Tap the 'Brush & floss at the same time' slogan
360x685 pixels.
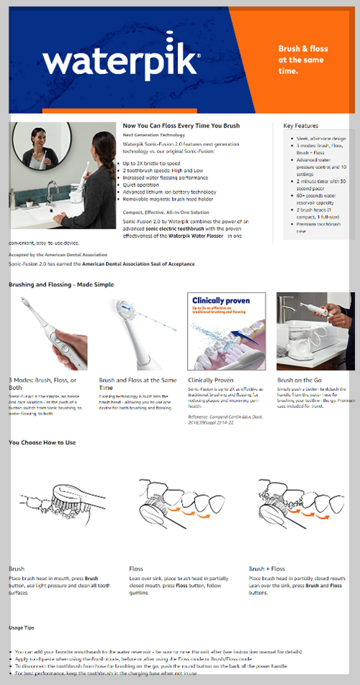[x=302, y=60]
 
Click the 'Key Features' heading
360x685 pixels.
[x=300, y=125]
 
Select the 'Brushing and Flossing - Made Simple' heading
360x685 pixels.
[x=61, y=285]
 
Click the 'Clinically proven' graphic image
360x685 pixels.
[x=226, y=331]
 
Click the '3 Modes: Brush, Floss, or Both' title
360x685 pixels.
[x=42, y=383]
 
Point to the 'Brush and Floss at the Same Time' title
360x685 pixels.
[x=137, y=383]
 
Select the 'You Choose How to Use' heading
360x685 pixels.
[x=42, y=443]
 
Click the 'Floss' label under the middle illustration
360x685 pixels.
[x=136, y=568]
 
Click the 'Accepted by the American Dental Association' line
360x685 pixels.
[x=58, y=255]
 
